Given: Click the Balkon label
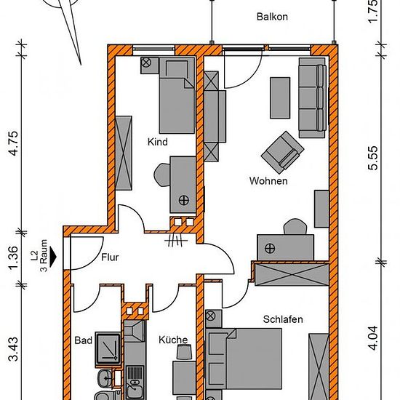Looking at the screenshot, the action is tap(272, 17).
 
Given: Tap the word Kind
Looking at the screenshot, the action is tap(158, 142).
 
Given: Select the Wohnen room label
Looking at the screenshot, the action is tap(268, 181).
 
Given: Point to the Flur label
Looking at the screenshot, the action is tap(110, 257).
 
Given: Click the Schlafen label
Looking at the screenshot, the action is tap(283, 319).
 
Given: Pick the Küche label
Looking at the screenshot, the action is tap(173, 340).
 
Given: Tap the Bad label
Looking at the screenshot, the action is tap(83, 340).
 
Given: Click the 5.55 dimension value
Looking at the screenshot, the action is tap(373, 158).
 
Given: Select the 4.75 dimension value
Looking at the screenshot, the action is tap(14, 143).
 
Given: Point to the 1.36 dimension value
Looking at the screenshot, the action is tap(14, 257).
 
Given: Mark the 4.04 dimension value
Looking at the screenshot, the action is tap(373, 338).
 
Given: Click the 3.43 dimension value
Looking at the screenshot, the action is tap(14, 348).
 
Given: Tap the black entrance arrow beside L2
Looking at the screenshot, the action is tap(53, 257).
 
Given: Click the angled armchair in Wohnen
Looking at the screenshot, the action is tap(282, 149).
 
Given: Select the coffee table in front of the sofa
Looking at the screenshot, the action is tap(280, 98).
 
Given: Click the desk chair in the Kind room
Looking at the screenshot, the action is tap(161, 175).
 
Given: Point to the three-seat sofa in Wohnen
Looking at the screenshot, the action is tap(313, 98).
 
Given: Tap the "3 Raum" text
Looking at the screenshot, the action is tap(44, 256).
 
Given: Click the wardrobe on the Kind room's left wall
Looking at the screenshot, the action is tap(124, 153).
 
